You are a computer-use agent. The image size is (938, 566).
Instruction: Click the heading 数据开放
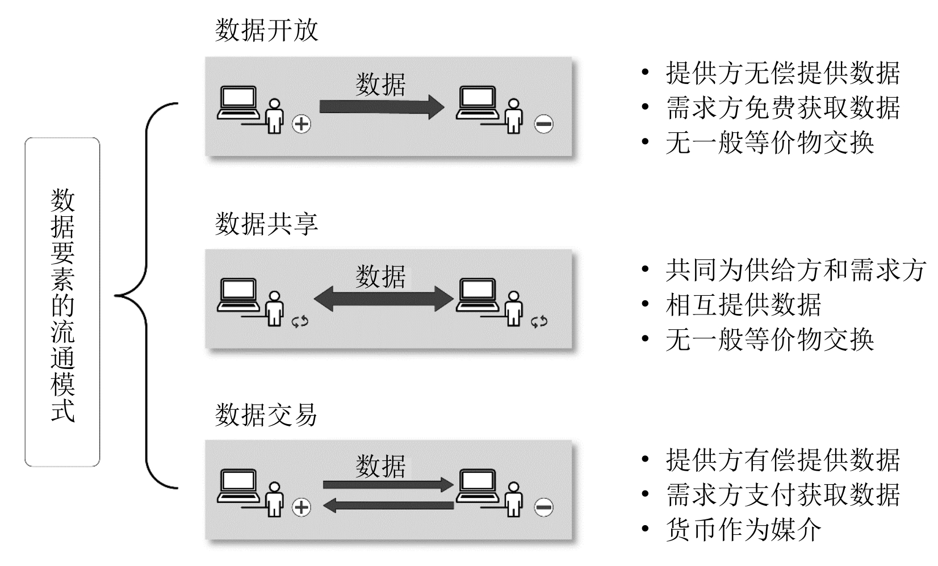(266, 30)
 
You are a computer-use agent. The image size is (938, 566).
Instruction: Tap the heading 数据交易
(266, 415)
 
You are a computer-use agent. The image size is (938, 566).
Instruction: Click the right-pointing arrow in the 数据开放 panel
(381, 107)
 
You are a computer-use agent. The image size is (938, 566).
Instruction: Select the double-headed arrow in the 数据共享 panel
(384, 299)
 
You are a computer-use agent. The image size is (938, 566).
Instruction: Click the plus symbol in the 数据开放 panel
(301, 124)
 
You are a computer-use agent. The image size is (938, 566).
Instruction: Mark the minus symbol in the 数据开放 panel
(543, 124)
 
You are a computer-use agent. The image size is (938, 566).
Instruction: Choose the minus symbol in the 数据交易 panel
(543, 508)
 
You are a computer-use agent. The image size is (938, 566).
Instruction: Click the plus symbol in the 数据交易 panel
(301, 508)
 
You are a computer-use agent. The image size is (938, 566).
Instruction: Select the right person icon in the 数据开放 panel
(514, 116)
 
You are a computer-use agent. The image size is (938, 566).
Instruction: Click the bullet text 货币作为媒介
(743, 530)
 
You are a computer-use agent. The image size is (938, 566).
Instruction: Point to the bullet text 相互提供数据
(743, 305)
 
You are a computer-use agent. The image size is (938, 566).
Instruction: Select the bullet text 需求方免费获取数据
(783, 108)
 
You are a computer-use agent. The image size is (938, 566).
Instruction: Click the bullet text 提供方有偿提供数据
(783, 459)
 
